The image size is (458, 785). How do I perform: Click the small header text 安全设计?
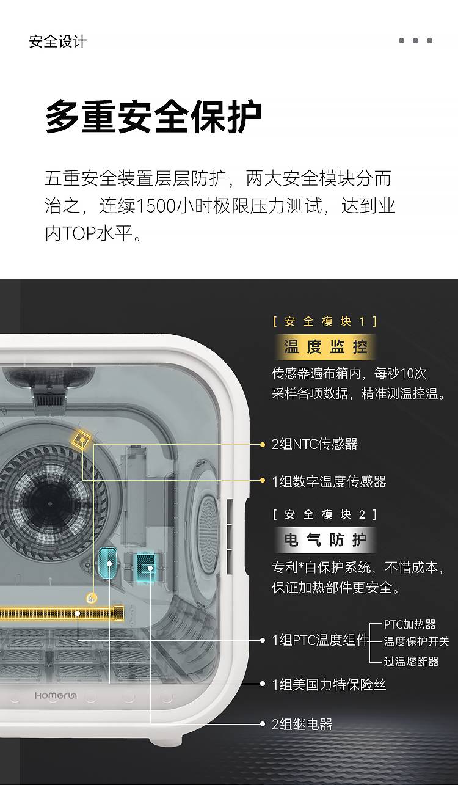(58, 42)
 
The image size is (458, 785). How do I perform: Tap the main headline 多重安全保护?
(153, 116)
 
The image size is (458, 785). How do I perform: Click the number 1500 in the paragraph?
(156, 206)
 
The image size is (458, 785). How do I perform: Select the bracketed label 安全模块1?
(325, 321)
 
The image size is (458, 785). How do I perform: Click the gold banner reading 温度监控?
(325, 347)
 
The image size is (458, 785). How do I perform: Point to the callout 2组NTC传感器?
(314, 444)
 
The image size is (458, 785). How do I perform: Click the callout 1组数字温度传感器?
(329, 482)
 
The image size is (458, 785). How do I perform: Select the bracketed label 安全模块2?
(325, 514)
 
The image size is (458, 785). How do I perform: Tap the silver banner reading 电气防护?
(325, 540)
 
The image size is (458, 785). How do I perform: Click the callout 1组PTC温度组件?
(321, 640)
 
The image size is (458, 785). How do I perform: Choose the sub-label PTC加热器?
(410, 624)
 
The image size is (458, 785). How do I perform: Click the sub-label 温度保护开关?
(416, 641)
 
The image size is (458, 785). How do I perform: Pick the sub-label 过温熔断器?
(411, 662)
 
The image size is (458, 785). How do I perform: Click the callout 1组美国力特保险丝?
(329, 684)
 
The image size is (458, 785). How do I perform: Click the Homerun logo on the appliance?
(56, 695)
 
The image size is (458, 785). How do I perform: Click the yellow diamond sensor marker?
(82, 440)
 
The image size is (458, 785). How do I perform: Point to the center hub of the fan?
(49, 503)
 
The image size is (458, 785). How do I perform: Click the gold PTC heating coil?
(62, 613)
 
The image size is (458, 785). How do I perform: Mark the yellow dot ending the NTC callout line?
(263, 445)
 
